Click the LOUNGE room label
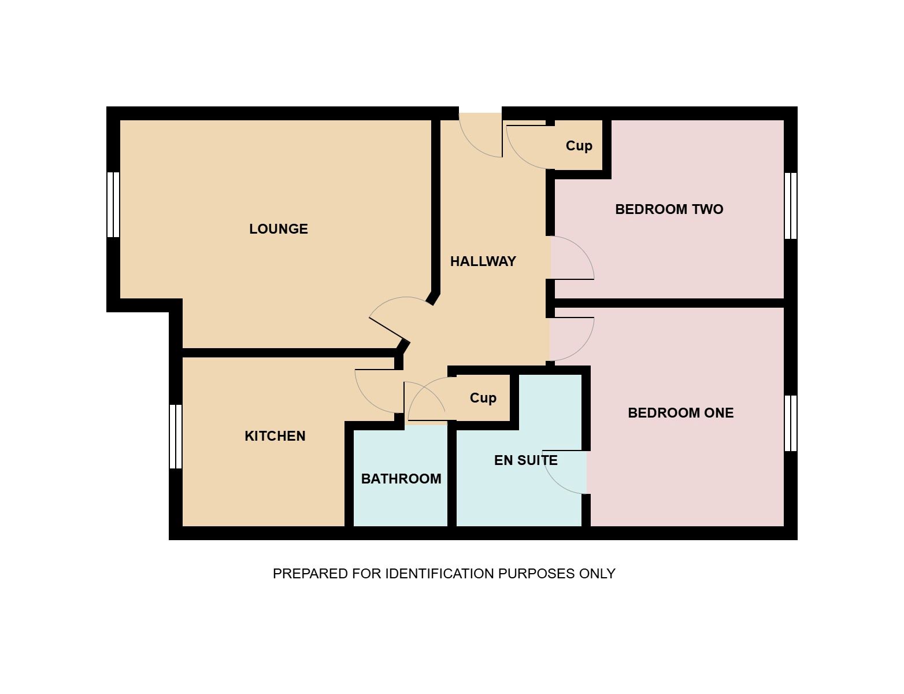coord(279,229)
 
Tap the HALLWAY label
coord(483,261)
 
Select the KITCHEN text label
coord(275,436)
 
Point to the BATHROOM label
coord(401,479)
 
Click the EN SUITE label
coord(526,460)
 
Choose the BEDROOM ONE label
coord(680,413)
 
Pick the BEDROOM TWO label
coord(669,209)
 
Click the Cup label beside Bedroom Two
coord(579,146)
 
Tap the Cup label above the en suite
coord(483,398)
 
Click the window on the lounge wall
coord(113,205)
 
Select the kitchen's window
coord(176,437)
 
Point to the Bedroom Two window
coord(791,206)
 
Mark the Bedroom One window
coord(791,423)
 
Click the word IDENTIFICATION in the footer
coord(440,574)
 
